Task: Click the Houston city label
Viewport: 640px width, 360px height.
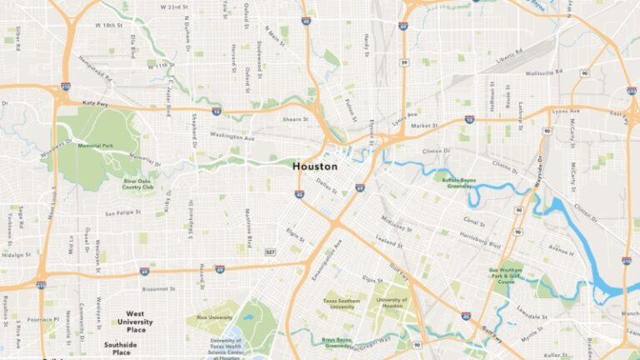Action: (x=315, y=166)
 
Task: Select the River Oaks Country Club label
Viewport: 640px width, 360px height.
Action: (x=138, y=183)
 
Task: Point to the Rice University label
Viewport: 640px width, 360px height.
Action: (x=214, y=317)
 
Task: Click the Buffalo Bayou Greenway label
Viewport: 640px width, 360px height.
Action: (x=462, y=182)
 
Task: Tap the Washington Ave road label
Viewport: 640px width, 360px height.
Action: (x=231, y=136)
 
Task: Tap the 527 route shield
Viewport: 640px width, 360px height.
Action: (x=270, y=251)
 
